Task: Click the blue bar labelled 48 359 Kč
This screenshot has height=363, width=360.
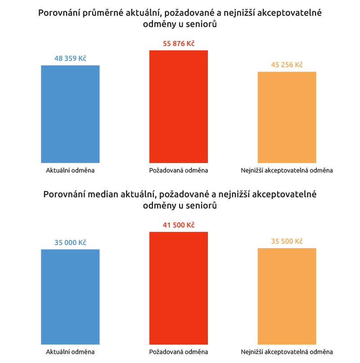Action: click(70, 114)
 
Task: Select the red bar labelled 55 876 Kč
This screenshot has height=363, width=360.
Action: click(179, 106)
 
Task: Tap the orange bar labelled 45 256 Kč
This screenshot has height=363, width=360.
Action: click(287, 117)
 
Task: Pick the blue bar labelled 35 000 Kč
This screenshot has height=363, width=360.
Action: click(70, 297)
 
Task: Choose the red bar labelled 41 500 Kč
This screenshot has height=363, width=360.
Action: click(179, 288)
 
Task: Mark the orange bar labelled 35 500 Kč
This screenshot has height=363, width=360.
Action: click(287, 296)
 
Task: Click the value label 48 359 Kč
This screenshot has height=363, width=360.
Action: click(70, 59)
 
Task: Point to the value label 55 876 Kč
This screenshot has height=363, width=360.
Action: click(179, 44)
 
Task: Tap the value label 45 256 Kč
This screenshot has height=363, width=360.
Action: click(287, 65)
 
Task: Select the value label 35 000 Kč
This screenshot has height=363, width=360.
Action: click(70, 243)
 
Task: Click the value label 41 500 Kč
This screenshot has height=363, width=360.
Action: click(179, 225)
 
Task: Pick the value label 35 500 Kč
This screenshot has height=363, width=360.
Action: click(287, 241)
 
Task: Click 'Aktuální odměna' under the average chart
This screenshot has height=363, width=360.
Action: click(70, 171)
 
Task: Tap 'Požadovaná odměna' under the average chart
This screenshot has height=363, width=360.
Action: click(179, 171)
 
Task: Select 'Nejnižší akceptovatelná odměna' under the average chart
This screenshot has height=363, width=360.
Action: click(287, 171)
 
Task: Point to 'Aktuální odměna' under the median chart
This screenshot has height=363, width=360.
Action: click(70, 352)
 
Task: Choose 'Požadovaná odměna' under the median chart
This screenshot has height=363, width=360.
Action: click(179, 352)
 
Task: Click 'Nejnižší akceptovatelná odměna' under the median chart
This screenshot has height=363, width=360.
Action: click(287, 352)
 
